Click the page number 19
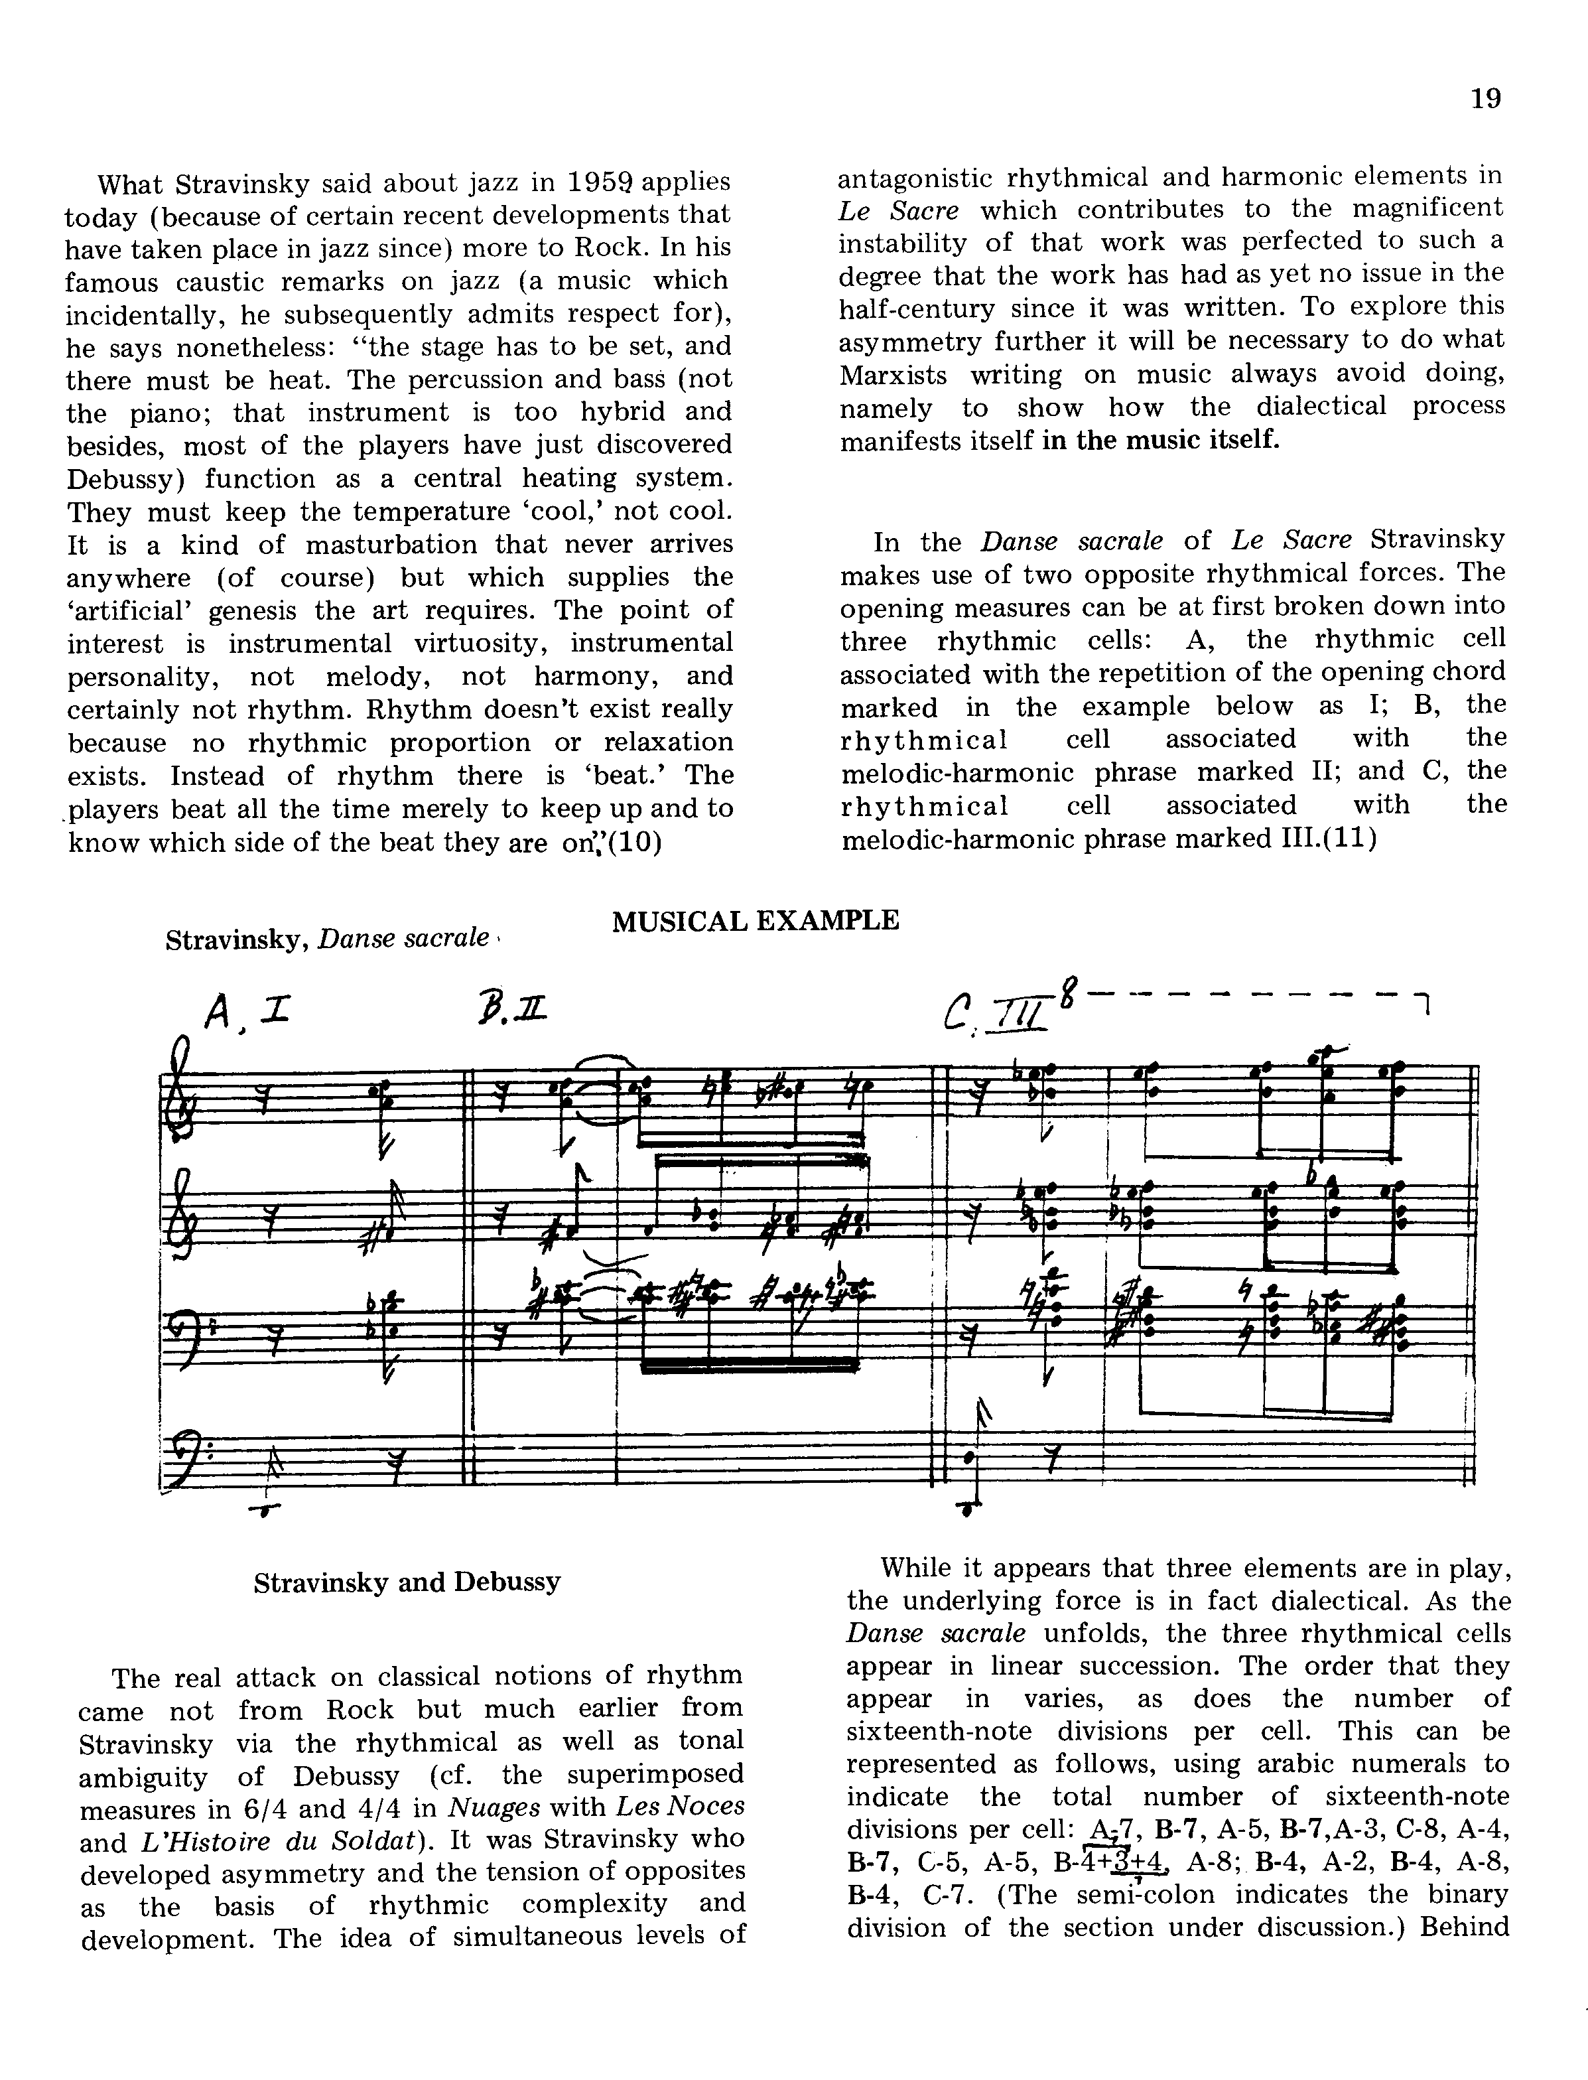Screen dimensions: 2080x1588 coord(1486,98)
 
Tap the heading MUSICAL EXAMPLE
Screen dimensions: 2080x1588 coord(756,920)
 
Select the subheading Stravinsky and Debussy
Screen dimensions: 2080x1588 coord(407,1582)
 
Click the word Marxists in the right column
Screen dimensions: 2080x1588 coord(893,376)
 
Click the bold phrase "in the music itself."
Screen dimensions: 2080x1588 coord(1161,441)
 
